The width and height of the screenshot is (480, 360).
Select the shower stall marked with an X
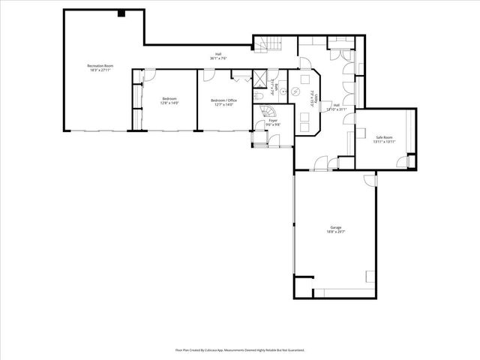(x=259, y=78)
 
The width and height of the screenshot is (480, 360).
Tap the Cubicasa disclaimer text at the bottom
(x=240, y=349)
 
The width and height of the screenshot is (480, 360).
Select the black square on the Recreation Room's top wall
(x=121, y=13)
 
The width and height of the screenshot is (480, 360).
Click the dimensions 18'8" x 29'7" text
(x=335, y=232)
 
